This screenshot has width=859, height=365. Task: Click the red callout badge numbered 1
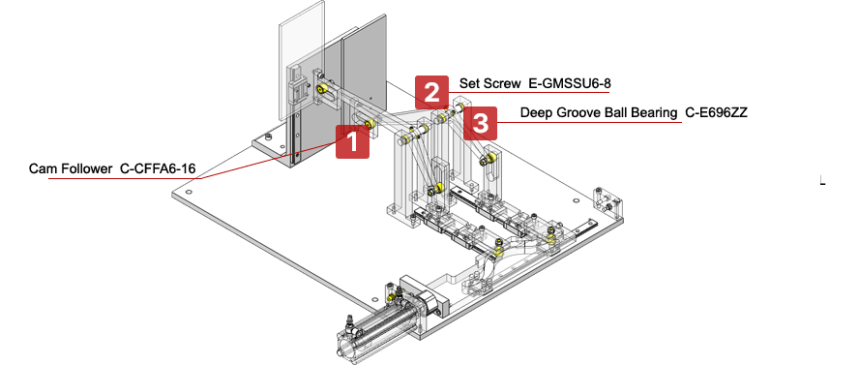(352, 143)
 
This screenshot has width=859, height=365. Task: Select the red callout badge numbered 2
(432, 92)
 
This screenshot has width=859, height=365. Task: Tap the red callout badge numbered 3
(481, 122)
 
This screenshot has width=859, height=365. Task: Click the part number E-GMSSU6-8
(569, 84)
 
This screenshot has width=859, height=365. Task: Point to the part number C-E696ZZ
(716, 113)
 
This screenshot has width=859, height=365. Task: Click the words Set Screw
(490, 84)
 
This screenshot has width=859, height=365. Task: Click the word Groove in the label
(578, 113)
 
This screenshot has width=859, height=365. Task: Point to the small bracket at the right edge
(608, 201)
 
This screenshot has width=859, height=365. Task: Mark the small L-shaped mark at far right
(821, 180)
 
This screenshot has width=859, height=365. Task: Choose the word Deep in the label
(536, 113)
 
